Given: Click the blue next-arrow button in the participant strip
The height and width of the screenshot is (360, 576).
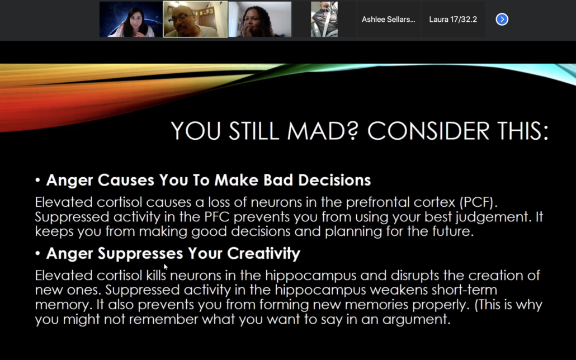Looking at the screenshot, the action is coord(502,19).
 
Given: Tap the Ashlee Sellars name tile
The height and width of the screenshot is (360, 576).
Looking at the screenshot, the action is coord(388,19).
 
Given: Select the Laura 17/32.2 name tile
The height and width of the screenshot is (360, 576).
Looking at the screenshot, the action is coord(453,19).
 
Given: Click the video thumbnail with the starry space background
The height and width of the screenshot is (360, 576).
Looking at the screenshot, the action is coord(131,19).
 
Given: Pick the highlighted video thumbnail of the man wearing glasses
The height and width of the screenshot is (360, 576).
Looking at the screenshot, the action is coord(195,19).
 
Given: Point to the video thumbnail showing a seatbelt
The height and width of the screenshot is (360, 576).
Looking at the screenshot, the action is coord(324,19).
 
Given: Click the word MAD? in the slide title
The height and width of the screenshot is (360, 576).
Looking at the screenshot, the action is coord(323,131).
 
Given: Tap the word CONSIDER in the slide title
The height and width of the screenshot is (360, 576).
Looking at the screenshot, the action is coord(428,131).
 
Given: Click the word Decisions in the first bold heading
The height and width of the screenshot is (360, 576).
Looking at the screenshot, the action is coord(334,180).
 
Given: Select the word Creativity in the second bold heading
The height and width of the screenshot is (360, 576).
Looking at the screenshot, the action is coord(263,253).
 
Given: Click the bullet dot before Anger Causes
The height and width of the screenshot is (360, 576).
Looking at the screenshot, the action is coord(37,180).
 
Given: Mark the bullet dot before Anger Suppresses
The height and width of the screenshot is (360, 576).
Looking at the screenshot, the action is coord(37,253).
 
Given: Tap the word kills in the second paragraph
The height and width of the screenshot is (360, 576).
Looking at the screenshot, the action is coord(156,275).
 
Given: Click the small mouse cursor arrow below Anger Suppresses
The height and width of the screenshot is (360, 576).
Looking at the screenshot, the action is coord(166,267).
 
